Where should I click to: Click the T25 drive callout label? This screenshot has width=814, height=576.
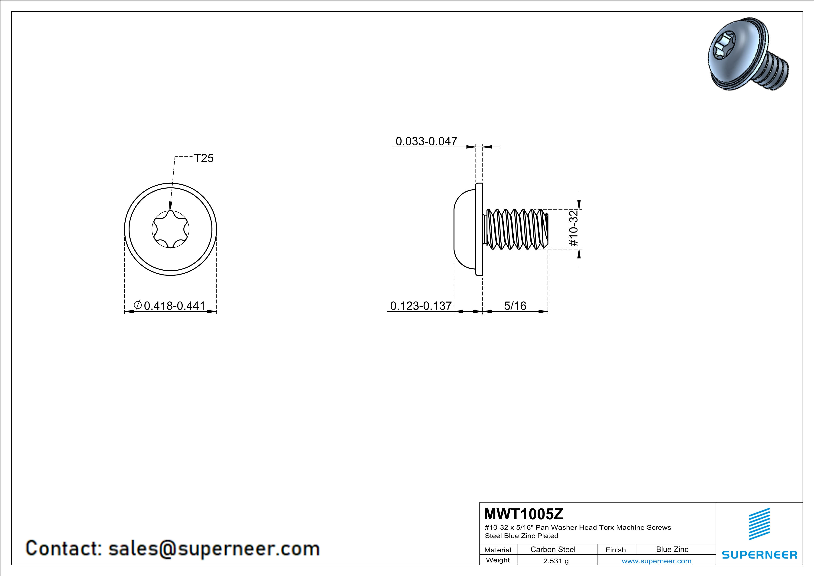pos(204,158)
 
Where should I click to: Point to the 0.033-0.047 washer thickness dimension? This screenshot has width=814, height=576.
pos(426,141)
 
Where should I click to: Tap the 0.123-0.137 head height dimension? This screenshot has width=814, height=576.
pos(421,305)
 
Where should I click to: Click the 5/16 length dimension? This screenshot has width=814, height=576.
pos(515,305)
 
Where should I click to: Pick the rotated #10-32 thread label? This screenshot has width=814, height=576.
pos(573,228)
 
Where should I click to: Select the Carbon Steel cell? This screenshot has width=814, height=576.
pos(553,549)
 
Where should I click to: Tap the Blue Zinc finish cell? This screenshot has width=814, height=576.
pos(672,549)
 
